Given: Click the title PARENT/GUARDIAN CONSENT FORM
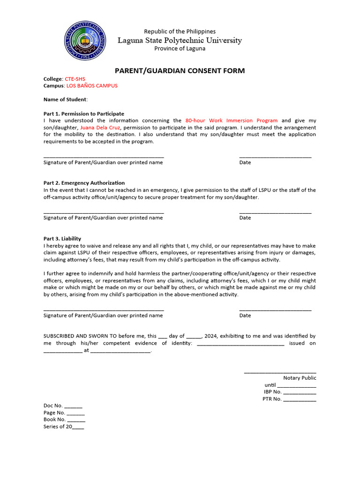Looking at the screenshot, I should coord(180,71).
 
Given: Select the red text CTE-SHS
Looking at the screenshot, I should coord(75,79).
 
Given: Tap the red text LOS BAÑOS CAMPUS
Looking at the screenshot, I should coord(92,86).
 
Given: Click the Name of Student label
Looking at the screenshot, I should coord(65,99).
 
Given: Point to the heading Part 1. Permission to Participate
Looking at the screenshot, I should coord(84,113).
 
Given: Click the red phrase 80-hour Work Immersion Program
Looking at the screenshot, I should coord(232,120).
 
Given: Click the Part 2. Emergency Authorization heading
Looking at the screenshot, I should coord(84,183).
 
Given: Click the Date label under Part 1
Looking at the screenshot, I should coord(245,163).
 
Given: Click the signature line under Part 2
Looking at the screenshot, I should coord(104,213).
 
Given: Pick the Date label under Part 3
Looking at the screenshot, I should coord(245,315).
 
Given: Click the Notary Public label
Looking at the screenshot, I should coord(300,378).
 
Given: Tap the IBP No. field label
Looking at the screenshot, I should coord(272,392).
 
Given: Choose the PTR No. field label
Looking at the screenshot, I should coord(272,399).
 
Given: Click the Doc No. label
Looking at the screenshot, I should coord(53,405).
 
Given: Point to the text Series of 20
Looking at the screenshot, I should coord(58,427).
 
